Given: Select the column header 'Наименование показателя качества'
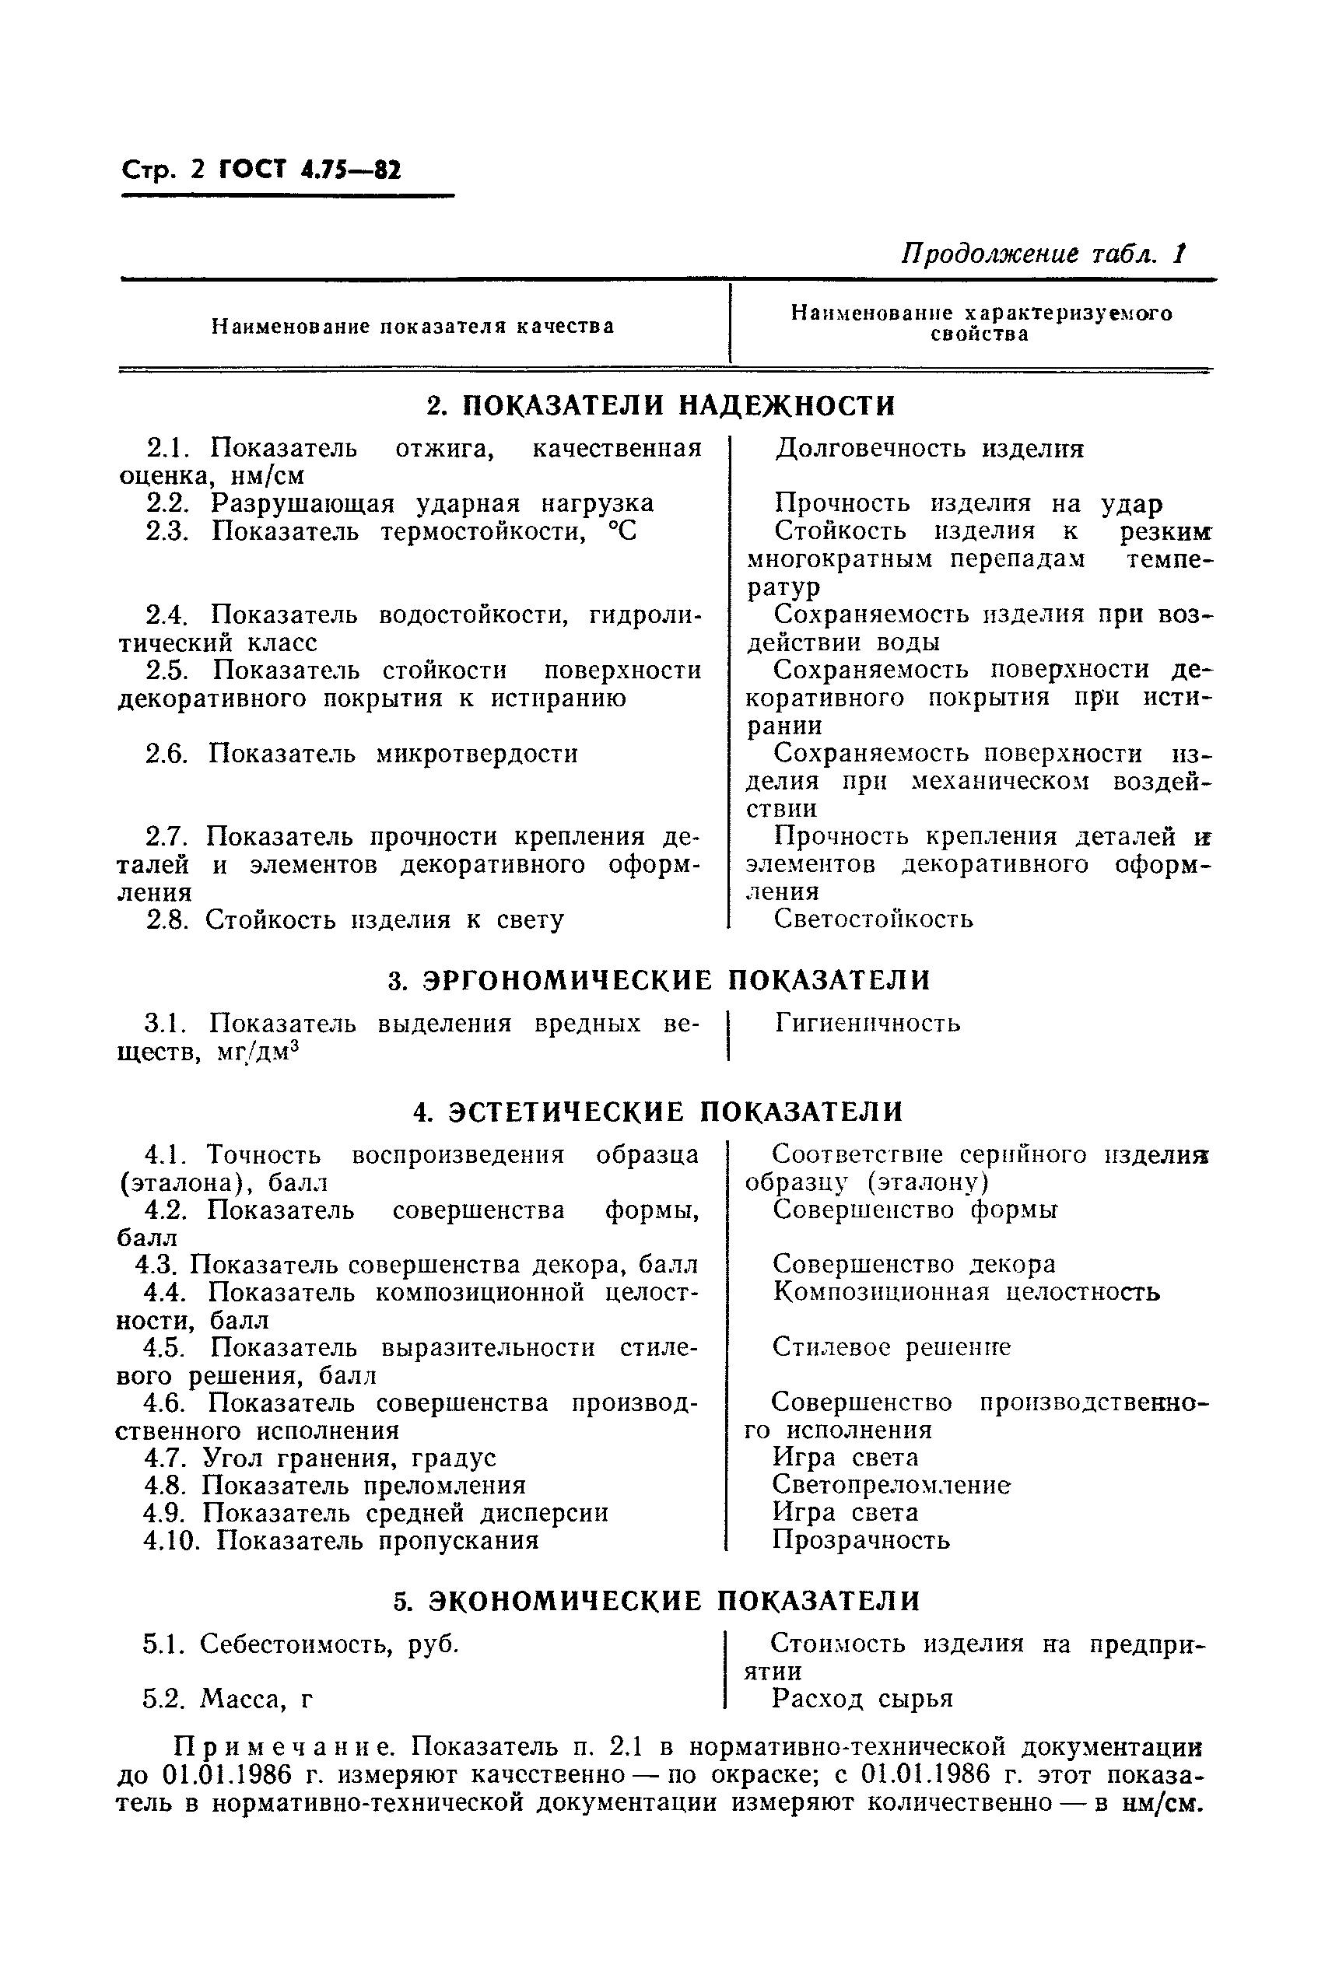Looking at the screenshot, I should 413,326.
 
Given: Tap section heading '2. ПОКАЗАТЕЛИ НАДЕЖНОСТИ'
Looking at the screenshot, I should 661,406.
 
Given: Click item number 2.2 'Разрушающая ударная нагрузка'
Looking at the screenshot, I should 400,503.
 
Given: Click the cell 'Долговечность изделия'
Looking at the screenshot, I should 929,448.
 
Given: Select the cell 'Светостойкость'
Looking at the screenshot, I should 873,919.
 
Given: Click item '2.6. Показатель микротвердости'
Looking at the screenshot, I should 362,753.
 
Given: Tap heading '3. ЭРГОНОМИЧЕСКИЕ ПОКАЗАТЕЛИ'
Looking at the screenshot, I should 659,980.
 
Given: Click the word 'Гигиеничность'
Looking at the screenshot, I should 868,1023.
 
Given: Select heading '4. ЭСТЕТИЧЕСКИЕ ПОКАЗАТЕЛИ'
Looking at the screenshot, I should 657,1112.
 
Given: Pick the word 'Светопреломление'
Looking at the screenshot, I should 891,1485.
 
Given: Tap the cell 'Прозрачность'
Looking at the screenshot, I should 861,1540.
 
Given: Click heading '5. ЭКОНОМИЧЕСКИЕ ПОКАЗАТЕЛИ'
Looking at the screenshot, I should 657,1601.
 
